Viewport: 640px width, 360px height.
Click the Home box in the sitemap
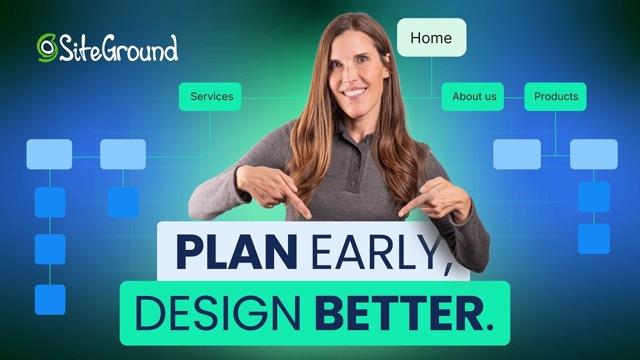pyautogui.click(x=431, y=37)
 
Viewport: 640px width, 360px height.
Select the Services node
pyautogui.click(x=210, y=96)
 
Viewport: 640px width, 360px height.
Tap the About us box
pyautogui.click(x=472, y=96)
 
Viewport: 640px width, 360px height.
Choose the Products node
pyautogui.click(x=555, y=96)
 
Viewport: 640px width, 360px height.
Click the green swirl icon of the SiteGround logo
pyautogui.click(x=47, y=48)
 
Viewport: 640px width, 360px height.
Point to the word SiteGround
pyautogui.click(x=118, y=49)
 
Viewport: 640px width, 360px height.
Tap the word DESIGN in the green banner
pyautogui.click(x=217, y=313)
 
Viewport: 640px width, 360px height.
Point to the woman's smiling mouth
pyautogui.click(x=354, y=92)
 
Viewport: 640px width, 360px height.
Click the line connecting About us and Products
pyautogui.click(x=514, y=97)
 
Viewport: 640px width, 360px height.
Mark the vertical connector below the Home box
pyautogui.click(x=431, y=75)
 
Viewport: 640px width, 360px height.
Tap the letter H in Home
pyautogui.click(x=415, y=38)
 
